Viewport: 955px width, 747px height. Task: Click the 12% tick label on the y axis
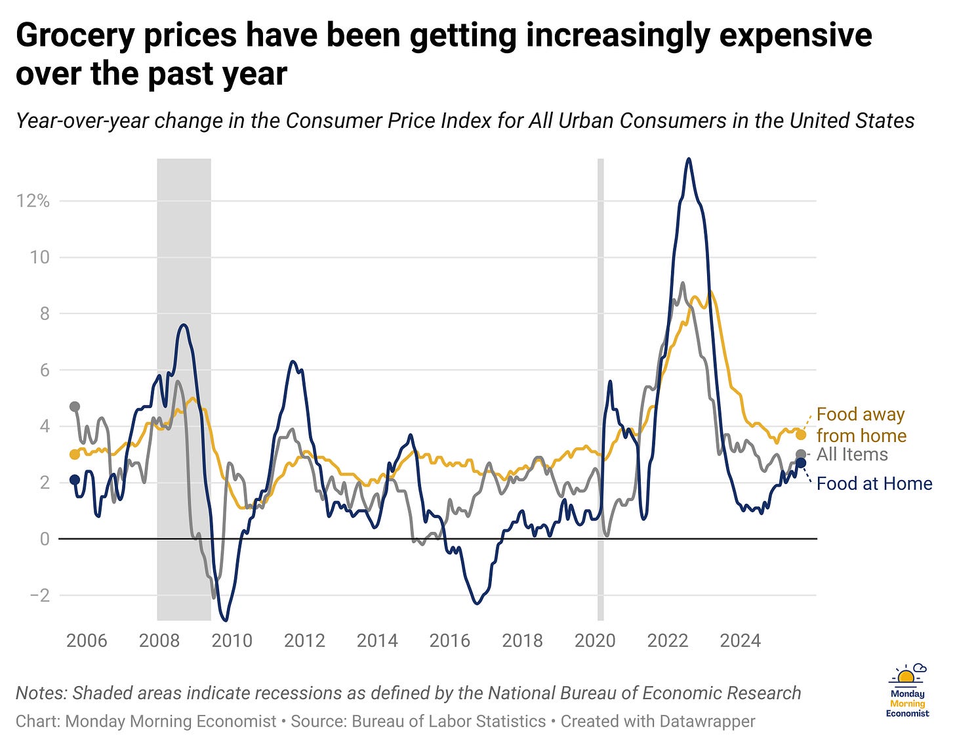pos(33,201)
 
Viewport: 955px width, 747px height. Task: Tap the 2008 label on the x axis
pos(159,640)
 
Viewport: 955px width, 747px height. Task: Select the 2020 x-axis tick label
pos(595,640)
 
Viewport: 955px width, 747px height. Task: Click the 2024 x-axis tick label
pos(740,640)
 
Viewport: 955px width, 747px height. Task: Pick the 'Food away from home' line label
pos(861,425)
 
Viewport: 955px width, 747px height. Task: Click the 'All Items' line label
pos(852,454)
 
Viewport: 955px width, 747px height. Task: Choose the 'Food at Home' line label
pos(874,484)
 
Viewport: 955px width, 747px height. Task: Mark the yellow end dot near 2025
pos(801,435)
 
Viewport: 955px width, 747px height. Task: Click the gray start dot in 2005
pos(75,407)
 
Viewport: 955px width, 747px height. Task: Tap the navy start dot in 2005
pos(75,479)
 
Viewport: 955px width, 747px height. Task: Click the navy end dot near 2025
pos(801,463)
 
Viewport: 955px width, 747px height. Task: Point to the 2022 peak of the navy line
pos(688,159)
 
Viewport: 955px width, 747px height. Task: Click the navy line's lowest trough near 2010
pos(226,620)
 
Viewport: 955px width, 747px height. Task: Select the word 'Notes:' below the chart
pos(41,693)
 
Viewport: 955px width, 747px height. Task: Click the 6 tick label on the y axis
pos(44,370)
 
